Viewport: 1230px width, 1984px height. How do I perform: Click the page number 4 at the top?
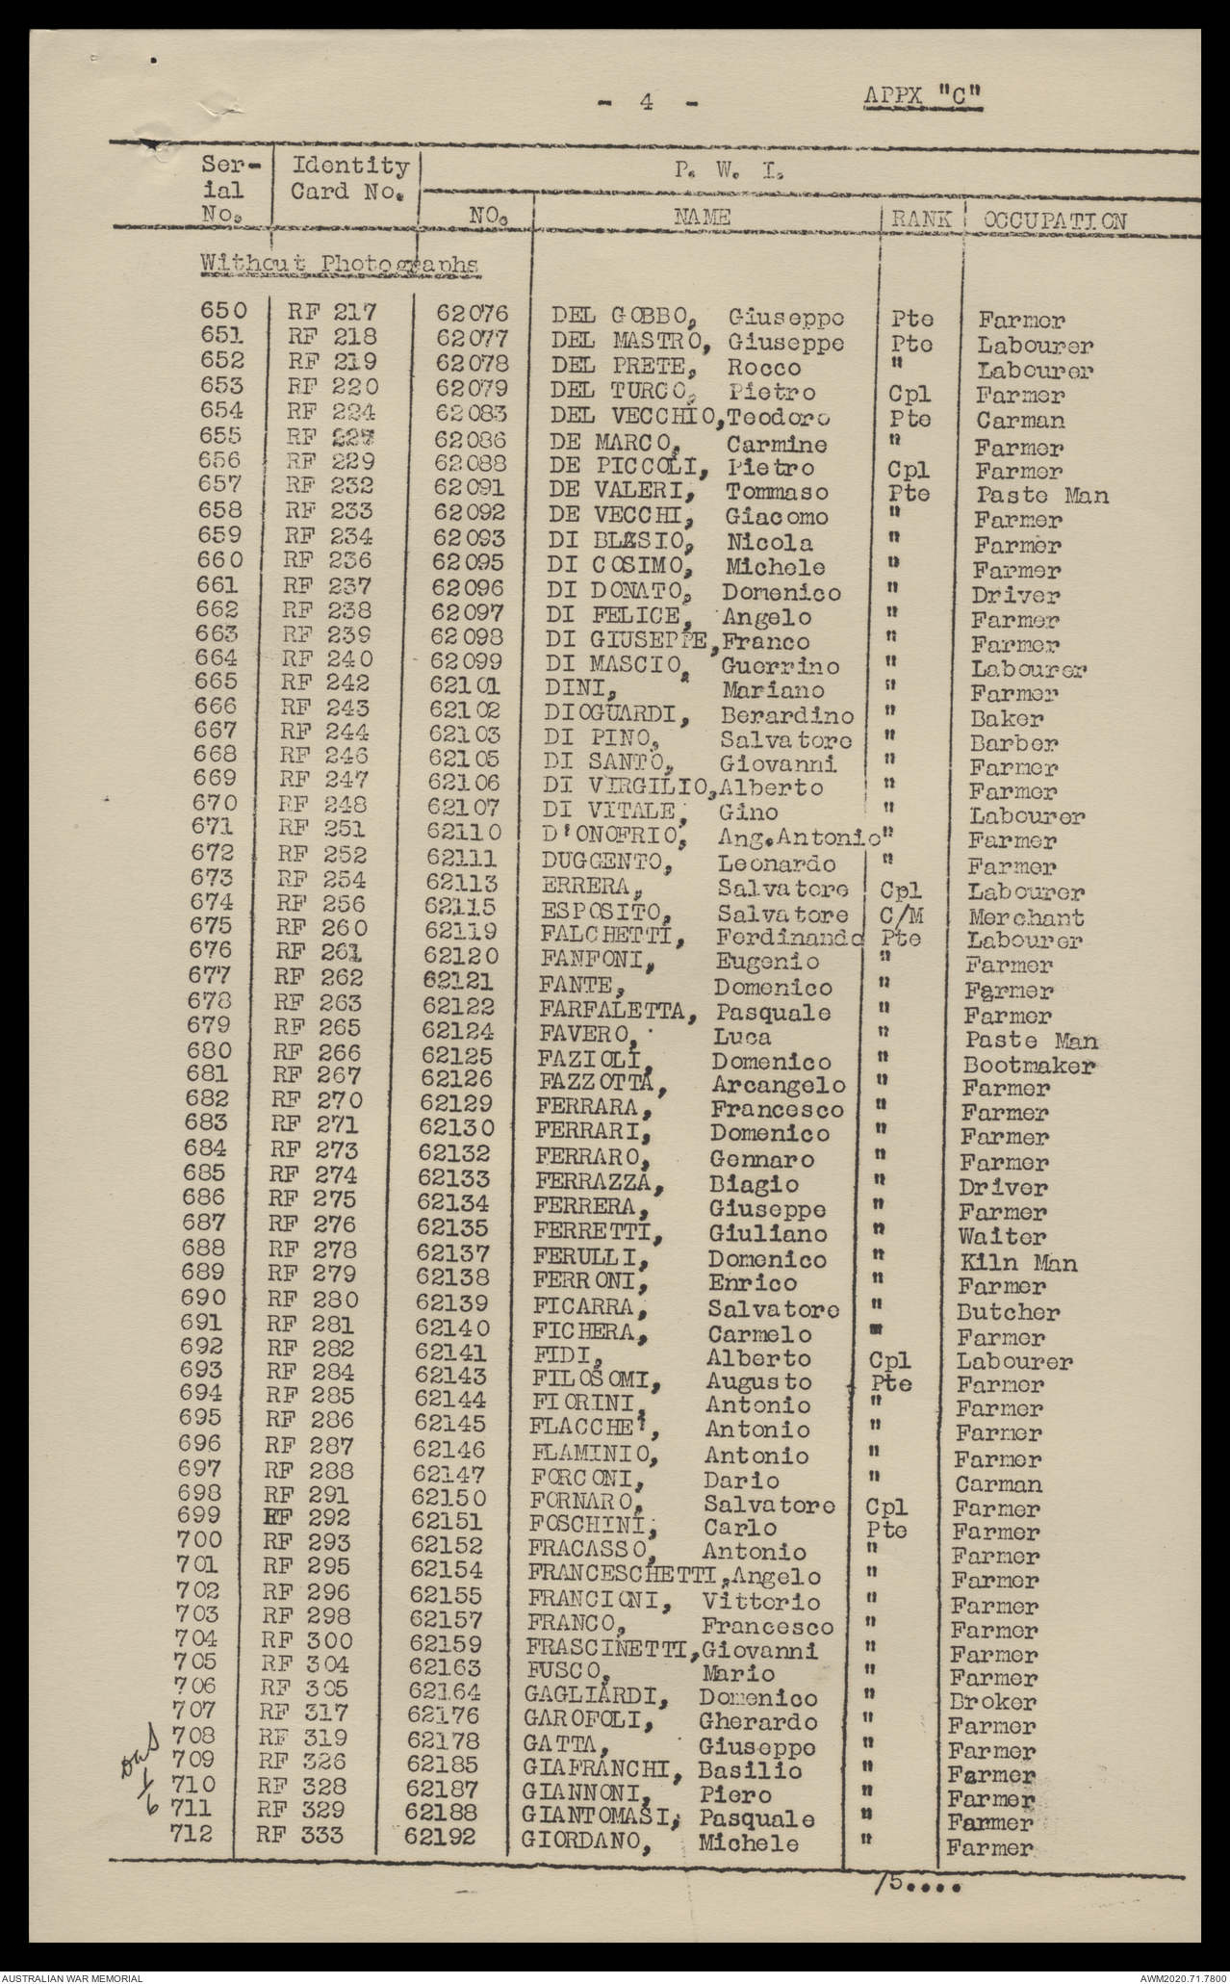(646, 101)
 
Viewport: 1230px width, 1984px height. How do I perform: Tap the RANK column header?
(921, 219)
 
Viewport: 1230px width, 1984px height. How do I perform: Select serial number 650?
(222, 311)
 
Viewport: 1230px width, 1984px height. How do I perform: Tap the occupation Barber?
(1013, 743)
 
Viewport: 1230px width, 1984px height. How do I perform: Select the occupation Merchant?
(1026, 917)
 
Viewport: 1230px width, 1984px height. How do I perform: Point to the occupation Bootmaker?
(1029, 1066)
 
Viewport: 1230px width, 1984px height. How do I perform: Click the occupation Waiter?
(1002, 1237)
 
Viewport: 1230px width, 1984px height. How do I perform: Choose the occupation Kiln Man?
(1016, 1262)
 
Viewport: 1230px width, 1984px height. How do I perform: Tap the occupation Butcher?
(1008, 1312)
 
